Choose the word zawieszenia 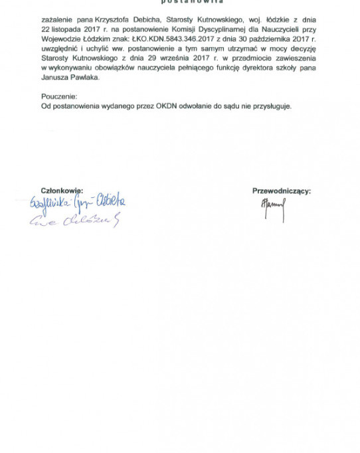(x=288, y=68)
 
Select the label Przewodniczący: (x=282, y=191)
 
